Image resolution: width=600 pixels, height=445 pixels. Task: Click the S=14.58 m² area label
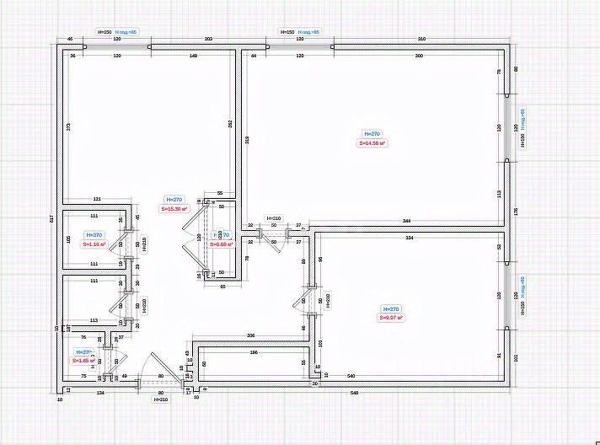[372, 144]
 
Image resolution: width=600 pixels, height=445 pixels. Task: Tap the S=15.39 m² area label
[174, 208]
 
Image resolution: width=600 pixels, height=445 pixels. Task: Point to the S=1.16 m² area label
[94, 244]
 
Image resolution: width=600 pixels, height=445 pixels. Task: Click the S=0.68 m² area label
[220, 245]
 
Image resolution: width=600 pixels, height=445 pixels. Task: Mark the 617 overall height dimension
[52, 218]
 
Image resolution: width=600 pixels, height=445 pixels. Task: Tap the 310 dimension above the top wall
[421, 40]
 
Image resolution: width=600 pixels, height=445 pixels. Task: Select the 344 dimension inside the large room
[406, 220]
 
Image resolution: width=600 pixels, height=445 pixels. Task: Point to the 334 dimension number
[410, 239]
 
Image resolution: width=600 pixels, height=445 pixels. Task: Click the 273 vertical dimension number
[68, 126]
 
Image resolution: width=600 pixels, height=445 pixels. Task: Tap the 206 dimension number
[250, 336]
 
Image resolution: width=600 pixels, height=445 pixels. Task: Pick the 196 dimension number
[254, 352]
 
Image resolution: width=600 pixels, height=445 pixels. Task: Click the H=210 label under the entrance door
[160, 399]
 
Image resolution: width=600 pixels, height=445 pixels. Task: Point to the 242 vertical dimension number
[229, 124]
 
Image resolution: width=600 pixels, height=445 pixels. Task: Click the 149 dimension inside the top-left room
[193, 56]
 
